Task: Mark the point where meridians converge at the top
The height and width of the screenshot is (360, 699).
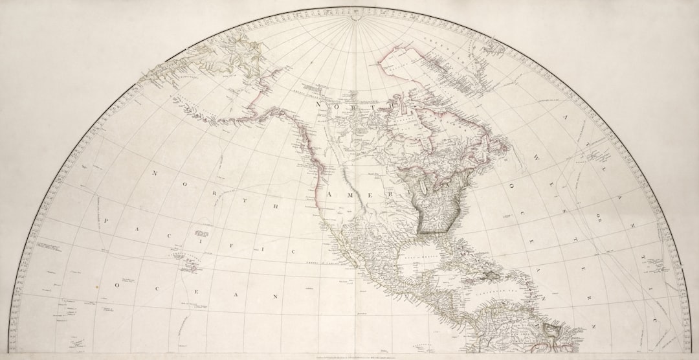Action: [354, 17]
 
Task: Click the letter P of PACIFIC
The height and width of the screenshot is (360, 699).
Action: [105, 221]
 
